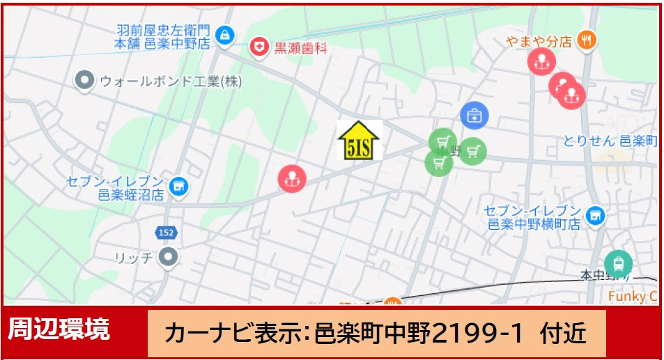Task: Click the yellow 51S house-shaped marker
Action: [x=360, y=140]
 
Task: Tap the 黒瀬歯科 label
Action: [x=300, y=49]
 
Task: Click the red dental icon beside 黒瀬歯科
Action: [x=259, y=47]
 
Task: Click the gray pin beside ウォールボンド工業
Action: [x=84, y=80]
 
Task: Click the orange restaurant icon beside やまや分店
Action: [x=587, y=40]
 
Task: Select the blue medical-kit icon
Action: [x=474, y=115]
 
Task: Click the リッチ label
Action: [x=134, y=258]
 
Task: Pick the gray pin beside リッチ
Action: [x=168, y=257]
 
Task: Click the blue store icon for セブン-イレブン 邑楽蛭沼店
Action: [x=179, y=185]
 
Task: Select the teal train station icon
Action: [x=618, y=264]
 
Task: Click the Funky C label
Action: [x=633, y=296]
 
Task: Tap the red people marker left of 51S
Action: [x=292, y=179]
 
